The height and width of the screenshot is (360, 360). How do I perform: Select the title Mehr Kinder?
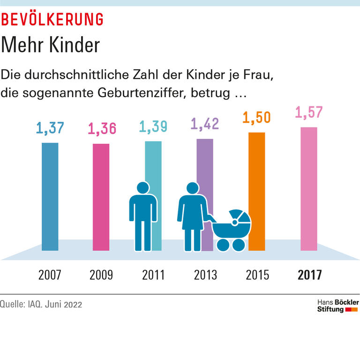pyautogui.click(x=50, y=45)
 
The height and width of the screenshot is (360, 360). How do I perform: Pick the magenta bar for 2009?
pyautogui.click(x=101, y=197)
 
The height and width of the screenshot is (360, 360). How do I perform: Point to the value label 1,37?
pyautogui.click(x=50, y=128)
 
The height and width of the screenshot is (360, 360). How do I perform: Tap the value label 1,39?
pyautogui.click(x=153, y=127)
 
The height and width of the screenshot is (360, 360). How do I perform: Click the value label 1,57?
pyautogui.click(x=309, y=112)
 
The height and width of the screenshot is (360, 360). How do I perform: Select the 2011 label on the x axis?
pyautogui.click(x=153, y=275)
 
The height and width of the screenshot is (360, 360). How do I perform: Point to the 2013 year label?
pyautogui.click(x=205, y=275)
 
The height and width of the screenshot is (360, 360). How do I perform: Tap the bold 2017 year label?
pyautogui.click(x=310, y=275)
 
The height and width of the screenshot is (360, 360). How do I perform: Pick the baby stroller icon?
pyautogui.click(x=231, y=230)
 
